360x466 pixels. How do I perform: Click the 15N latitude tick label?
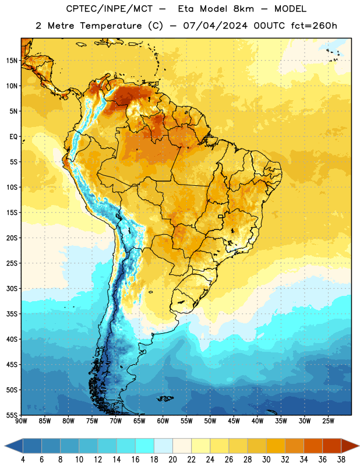pyautogui.click(x=12, y=61)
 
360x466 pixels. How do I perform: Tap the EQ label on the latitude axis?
pyautogui.click(x=13, y=137)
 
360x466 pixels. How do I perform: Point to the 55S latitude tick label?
pyautogui.click(x=12, y=415)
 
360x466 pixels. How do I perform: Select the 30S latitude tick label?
pyautogui.click(x=12, y=288)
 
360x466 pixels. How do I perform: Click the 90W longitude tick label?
pyautogui.click(x=21, y=421)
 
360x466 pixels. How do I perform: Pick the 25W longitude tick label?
pyautogui.click(x=328, y=421)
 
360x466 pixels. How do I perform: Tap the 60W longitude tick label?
pyautogui.click(x=163, y=421)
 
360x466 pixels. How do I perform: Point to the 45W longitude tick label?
pyautogui.click(x=234, y=421)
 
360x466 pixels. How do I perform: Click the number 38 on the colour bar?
pyautogui.click(x=341, y=460)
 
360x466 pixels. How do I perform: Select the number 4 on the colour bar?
pyautogui.click(x=23, y=460)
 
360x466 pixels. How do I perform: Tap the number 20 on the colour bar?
pyautogui.click(x=172, y=460)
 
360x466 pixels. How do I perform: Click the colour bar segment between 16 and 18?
pyautogui.click(x=145, y=446)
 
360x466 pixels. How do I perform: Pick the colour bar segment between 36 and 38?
pyautogui.click(x=332, y=446)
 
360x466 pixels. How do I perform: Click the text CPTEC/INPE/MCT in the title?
pyautogui.click(x=110, y=9)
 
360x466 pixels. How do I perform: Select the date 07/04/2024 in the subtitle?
pyautogui.click(x=215, y=26)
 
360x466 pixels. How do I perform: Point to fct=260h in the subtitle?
pyautogui.click(x=314, y=26)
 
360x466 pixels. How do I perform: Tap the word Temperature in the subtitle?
pyautogui.click(x=111, y=26)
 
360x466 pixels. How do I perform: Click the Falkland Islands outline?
pyautogui.click(x=165, y=398)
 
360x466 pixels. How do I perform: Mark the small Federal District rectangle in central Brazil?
pyautogui.click(x=220, y=216)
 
